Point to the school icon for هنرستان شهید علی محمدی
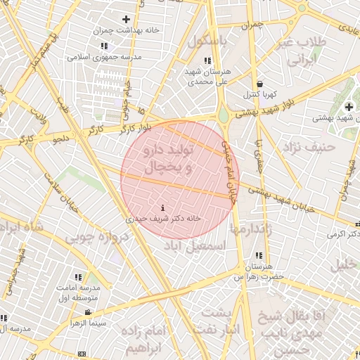coord(206,60)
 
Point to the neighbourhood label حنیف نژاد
coord(307,147)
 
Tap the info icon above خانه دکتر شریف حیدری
coord(164,207)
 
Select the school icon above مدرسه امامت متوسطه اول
coord(78,278)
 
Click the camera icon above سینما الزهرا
coord(87,312)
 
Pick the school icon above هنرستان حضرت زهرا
coord(259,256)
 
